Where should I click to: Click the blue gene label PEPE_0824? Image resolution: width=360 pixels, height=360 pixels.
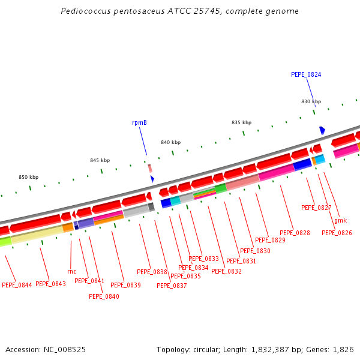pyautogui.click(x=306, y=74)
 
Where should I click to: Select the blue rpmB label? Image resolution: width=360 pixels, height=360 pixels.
pyautogui.click(x=139, y=122)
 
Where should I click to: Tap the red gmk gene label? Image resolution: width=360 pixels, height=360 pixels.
pyautogui.click(x=340, y=220)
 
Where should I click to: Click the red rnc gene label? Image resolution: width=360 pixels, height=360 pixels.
pyautogui.click(x=71, y=271)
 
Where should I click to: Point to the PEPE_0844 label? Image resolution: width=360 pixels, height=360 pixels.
pyautogui.click(x=17, y=285)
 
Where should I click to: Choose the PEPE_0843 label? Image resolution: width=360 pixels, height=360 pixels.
pyautogui.click(x=50, y=284)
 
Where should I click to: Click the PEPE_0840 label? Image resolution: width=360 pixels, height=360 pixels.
pyautogui.click(x=104, y=296)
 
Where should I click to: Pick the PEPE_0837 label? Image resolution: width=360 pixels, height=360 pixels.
pyautogui.click(x=172, y=286)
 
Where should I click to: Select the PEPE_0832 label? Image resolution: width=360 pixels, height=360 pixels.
pyautogui.click(x=226, y=271)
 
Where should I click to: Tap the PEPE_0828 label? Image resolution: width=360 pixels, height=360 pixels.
pyautogui.click(x=295, y=233)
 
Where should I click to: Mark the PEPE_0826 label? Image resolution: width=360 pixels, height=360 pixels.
pyautogui.click(x=337, y=233)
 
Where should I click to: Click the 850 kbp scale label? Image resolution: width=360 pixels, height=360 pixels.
pyautogui.click(x=28, y=177)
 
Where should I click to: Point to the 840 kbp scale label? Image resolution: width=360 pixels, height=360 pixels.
pyautogui.click(x=170, y=142)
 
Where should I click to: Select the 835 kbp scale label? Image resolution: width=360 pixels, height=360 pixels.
pyautogui.click(x=241, y=122)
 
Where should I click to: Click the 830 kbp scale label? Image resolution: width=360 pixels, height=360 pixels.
pyautogui.click(x=311, y=101)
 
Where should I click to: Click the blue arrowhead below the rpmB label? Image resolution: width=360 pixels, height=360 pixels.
pyautogui.click(x=152, y=179)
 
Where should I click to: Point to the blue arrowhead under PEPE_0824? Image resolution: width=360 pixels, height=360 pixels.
pyautogui.click(x=322, y=130)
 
